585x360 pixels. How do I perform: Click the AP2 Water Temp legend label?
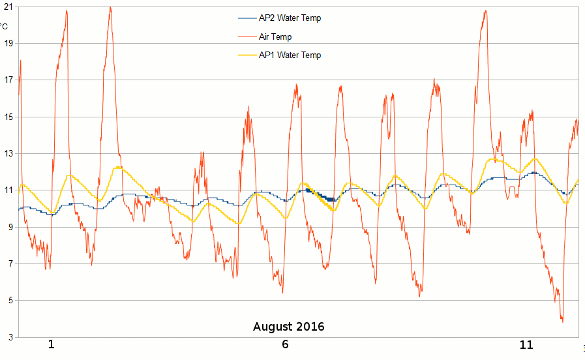pos(290,18)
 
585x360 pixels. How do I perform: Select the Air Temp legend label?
pos(275,37)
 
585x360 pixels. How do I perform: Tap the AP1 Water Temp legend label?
pos(290,55)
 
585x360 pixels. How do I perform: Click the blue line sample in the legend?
pos(247,18)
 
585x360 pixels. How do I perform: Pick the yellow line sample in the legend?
pos(247,55)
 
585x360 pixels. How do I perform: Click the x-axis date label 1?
pos(51,344)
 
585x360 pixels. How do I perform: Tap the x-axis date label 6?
pos(285,344)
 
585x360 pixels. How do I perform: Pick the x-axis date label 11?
pos(526,344)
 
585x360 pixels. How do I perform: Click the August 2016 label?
pos(288,326)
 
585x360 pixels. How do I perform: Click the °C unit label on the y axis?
pos(4,26)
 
